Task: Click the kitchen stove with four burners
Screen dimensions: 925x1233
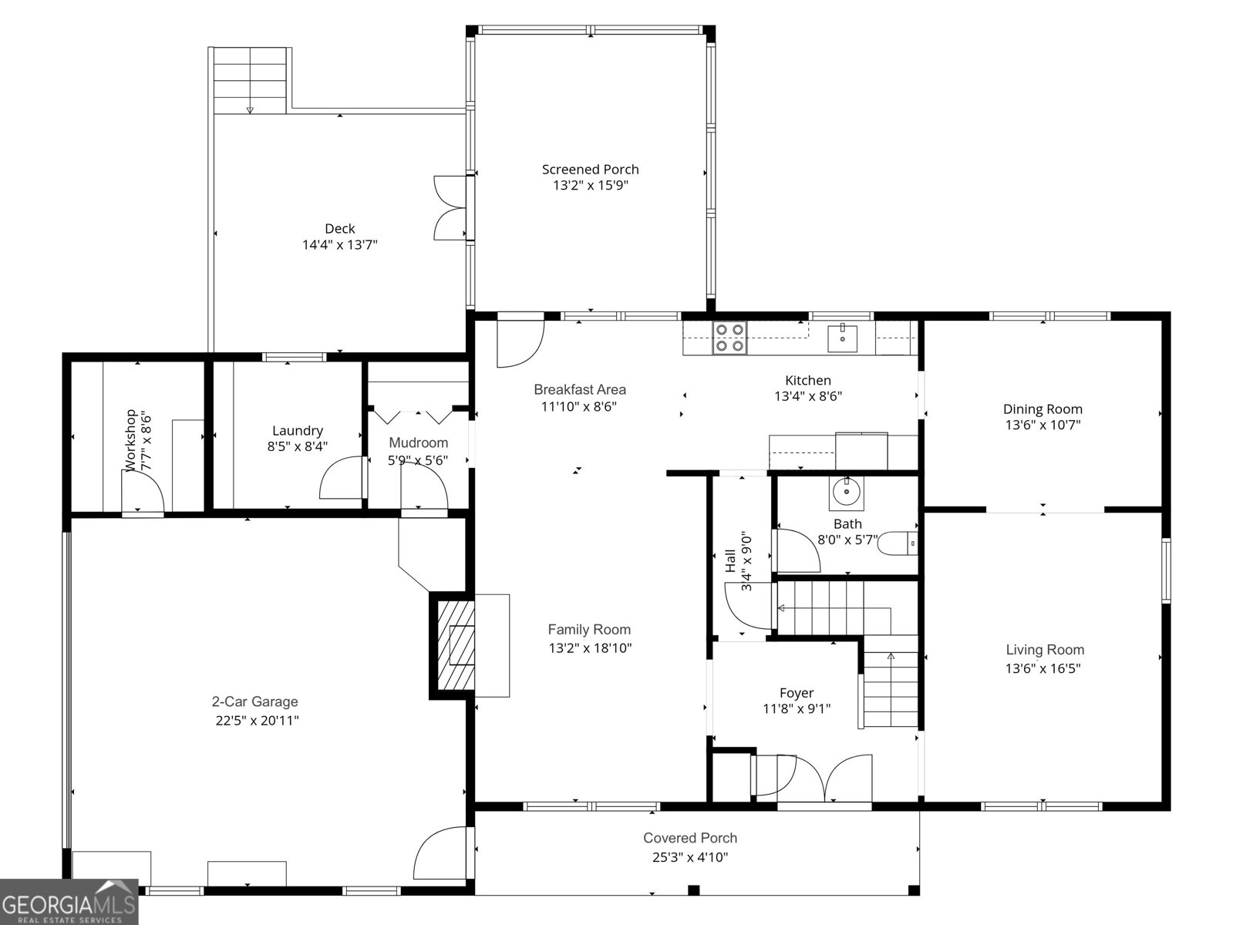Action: (729, 338)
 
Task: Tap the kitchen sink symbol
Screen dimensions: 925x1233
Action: (843, 338)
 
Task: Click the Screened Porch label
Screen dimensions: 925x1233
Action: (590, 170)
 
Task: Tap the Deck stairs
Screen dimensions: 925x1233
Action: (251, 80)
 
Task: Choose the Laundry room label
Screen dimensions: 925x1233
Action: (297, 431)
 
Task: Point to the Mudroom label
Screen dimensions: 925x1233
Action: (418, 442)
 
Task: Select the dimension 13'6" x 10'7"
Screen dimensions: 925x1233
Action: (1043, 425)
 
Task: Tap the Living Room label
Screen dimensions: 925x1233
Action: (1044, 650)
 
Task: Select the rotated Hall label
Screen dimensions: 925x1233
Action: (729, 560)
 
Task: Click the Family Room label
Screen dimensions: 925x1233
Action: (589, 630)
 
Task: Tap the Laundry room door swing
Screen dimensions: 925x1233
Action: (342, 478)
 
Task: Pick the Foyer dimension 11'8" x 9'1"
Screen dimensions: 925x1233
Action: (796, 709)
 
